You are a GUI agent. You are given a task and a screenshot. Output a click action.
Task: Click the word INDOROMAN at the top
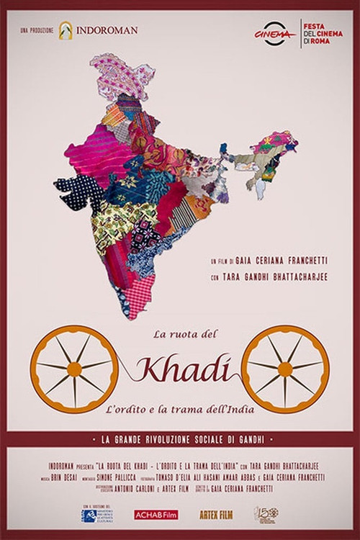click(108, 30)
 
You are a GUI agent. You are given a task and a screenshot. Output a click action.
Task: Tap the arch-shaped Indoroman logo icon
click(66, 30)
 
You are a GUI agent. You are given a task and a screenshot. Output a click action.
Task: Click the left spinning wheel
click(74, 369)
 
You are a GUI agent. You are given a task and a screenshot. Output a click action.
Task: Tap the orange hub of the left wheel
click(74, 369)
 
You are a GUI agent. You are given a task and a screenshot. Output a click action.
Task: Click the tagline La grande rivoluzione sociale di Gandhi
click(180, 439)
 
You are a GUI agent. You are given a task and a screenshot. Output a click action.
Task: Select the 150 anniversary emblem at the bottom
click(265, 514)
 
